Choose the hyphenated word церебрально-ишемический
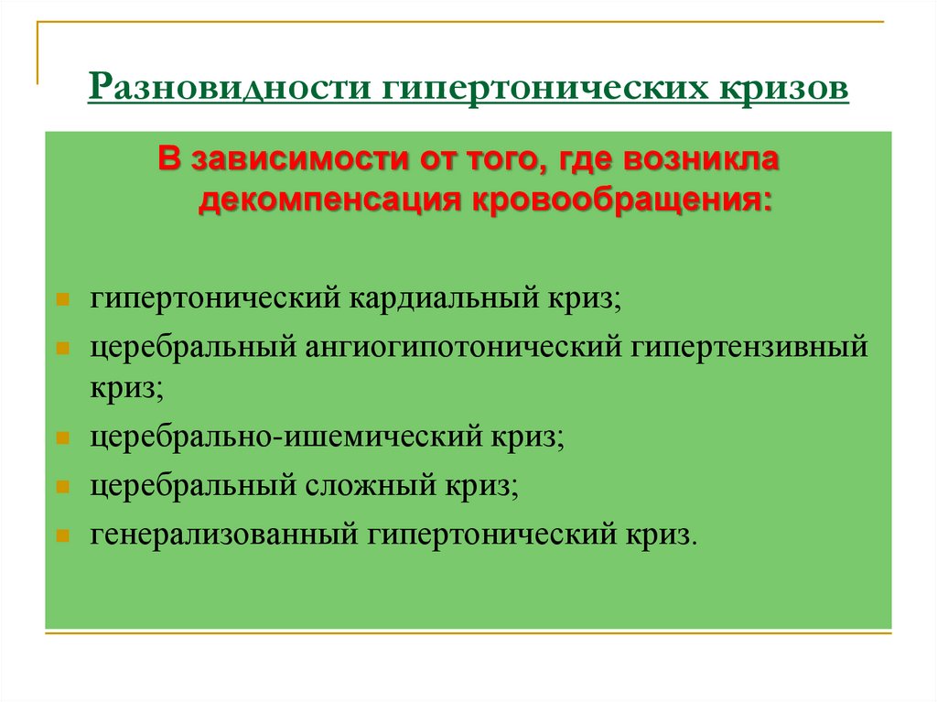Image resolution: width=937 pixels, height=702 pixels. pos(294,437)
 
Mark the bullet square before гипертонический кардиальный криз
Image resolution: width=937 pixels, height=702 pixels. pos(61,301)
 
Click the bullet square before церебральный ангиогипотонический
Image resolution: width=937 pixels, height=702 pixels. pos(61,350)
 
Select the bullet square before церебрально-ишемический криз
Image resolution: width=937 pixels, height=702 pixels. pos(61,437)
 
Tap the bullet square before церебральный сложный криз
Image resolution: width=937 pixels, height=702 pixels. pos(61,486)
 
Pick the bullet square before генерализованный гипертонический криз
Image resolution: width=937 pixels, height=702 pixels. pos(61,535)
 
